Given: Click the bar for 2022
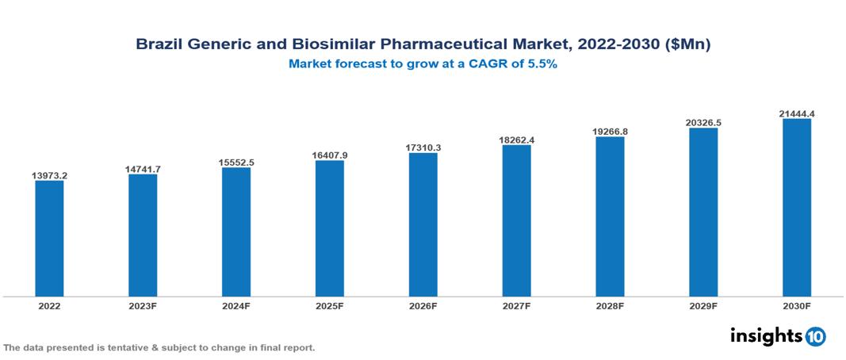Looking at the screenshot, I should [x=49, y=239].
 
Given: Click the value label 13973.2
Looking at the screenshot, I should [x=49, y=174].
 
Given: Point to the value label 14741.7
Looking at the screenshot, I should [x=143, y=168].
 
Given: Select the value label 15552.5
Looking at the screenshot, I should [x=236, y=162].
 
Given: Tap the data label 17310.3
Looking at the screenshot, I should [x=423, y=147].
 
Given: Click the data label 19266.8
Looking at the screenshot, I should [x=610, y=131].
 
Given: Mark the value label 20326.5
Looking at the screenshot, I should [x=703, y=122].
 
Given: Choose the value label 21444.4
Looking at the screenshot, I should [x=796, y=113].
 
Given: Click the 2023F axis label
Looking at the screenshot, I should [x=143, y=305].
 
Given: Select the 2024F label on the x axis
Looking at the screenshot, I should [x=236, y=305].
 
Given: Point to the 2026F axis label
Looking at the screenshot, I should [x=423, y=305].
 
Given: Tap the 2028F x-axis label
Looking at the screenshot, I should [x=610, y=305].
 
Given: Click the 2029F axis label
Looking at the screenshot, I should [x=703, y=305].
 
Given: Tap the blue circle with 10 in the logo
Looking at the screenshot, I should [x=815, y=336].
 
